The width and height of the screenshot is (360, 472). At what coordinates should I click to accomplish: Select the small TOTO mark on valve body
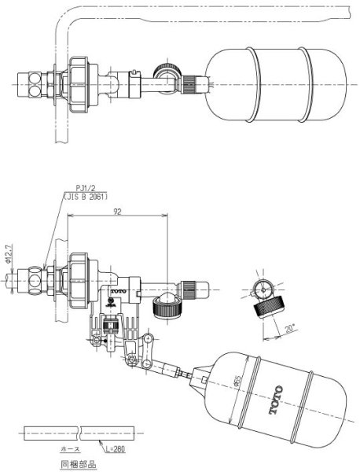[x=118, y=290]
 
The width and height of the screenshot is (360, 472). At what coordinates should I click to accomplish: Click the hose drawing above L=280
[x=78, y=432]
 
